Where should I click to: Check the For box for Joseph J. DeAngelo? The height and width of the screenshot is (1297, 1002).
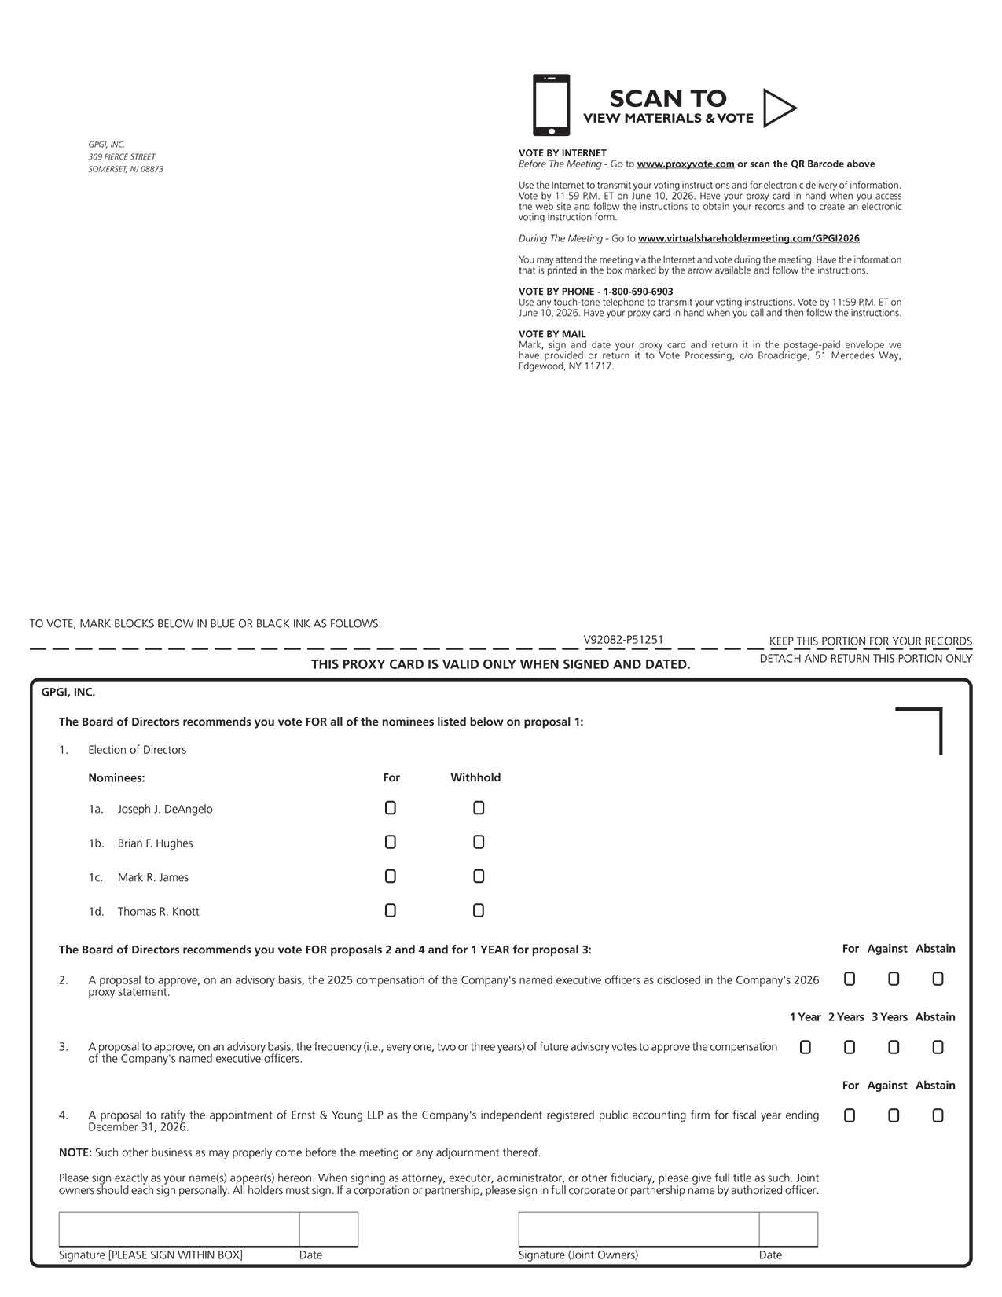point(391,808)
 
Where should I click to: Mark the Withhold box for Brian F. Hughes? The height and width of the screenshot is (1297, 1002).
point(479,843)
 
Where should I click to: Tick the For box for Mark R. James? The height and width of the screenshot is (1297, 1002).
point(391,876)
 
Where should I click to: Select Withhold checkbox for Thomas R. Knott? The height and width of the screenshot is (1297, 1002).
point(479,911)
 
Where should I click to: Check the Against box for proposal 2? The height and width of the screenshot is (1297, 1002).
point(894,979)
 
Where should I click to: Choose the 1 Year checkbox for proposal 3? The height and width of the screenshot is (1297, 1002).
point(806,1048)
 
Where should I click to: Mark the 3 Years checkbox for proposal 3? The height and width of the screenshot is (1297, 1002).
point(894,1048)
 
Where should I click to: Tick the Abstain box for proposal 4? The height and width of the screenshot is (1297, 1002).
point(938,1116)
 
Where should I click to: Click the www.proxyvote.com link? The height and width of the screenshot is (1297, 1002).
point(685,164)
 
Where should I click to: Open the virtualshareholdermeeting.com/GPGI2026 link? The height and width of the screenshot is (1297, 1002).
point(748,238)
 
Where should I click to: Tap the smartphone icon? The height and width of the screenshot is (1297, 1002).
point(551,105)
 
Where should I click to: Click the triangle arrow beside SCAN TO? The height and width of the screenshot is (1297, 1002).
point(779,108)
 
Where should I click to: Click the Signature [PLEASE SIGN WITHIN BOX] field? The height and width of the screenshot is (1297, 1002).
point(179,1229)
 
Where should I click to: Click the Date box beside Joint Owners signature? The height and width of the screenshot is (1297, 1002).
point(788,1229)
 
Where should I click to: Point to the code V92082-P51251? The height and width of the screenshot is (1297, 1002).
point(623,640)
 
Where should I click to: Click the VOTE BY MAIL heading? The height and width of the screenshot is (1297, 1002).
point(552,334)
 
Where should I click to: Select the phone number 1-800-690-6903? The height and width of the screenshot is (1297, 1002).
point(638,292)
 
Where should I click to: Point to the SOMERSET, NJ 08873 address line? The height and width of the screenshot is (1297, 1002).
point(126,169)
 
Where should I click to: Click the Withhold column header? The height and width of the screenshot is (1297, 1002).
point(475,777)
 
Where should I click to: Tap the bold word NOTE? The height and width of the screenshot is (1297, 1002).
point(75,1152)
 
